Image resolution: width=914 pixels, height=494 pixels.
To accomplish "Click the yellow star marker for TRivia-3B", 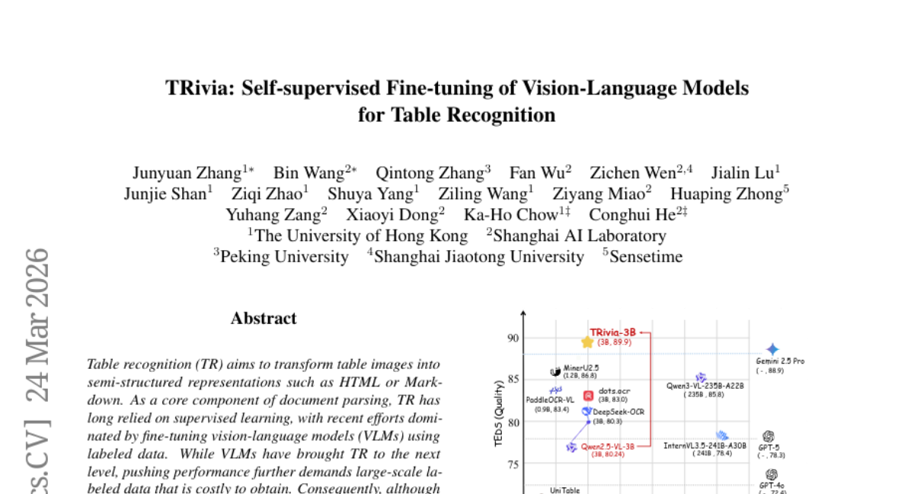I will [x=586, y=342].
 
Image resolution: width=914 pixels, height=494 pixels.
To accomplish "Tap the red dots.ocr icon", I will [x=588, y=396].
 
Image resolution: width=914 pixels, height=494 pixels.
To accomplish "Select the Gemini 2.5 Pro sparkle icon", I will [x=772, y=349].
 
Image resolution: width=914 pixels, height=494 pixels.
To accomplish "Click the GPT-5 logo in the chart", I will [x=768, y=437].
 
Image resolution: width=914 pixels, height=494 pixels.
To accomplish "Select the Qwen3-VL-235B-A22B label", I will [x=705, y=387].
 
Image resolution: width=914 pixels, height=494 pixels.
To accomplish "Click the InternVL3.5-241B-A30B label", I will [x=705, y=445].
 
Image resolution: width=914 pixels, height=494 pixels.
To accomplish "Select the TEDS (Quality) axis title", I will [x=500, y=412].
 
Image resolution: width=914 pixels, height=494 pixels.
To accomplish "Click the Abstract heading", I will [x=264, y=319].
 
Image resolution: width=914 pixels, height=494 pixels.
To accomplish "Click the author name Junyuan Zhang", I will [x=187, y=172].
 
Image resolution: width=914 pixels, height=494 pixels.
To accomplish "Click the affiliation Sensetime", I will [x=646, y=257].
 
